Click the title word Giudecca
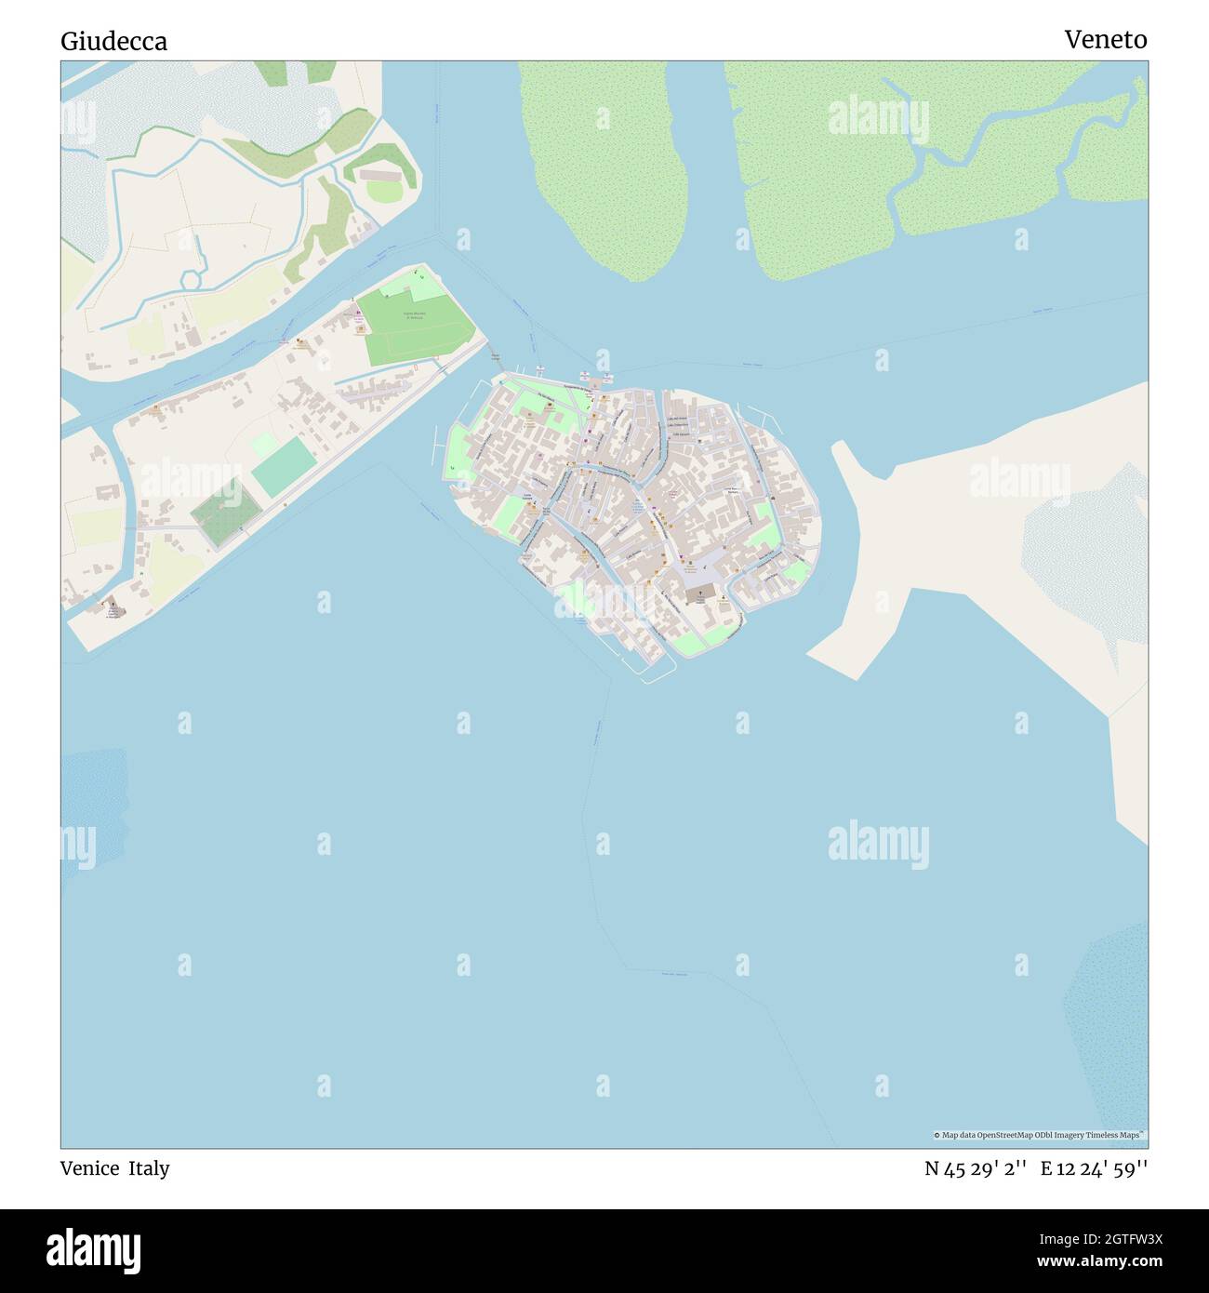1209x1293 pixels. pyautogui.click(x=113, y=41)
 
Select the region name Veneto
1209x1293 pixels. pyautogui.click(x=1105, y=39)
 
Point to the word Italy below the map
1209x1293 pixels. pyautogui.click(x=149, y=1168)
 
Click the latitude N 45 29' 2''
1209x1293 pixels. pyautogui.click(x=975, y=1168)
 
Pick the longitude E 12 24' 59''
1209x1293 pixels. pyautogui.click(x=1094, y=1168)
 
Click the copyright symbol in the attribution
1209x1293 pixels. pyautogui.click(x=937, y=1135)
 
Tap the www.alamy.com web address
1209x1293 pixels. pyautogui.click(x=1102, y=1262)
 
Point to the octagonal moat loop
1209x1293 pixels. pyautogui.click(x=194, y=278)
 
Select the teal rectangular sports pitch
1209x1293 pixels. pyautogui.click(x=283, y=467)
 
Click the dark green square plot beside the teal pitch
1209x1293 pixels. pyautogui.click(x=225, y=513)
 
